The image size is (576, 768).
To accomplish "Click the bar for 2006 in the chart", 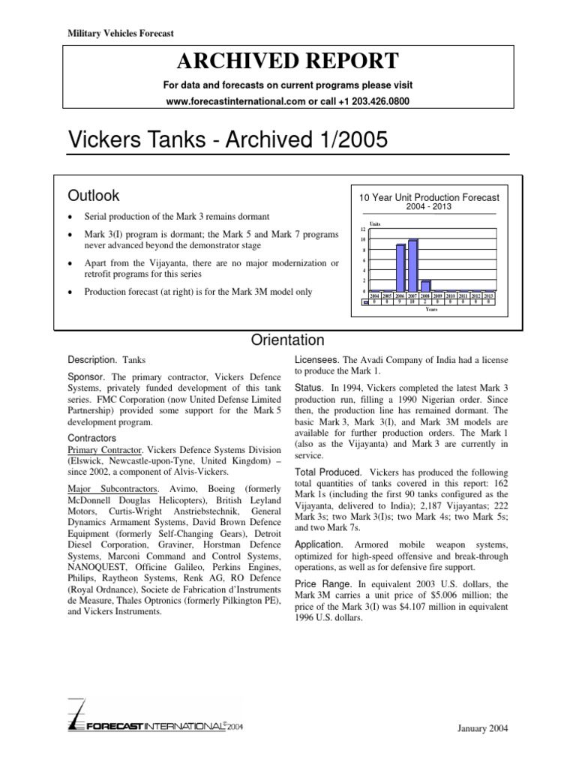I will point(400,267).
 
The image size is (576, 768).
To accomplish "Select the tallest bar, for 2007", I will point(413,265).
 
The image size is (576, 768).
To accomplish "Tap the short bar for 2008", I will point(426,286).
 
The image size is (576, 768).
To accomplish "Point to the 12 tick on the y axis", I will point(363,229).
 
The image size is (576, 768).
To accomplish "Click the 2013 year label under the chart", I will point(488,296).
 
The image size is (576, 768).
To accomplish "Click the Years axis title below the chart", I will point(431,309).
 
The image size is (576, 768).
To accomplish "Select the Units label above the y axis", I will point(375,223).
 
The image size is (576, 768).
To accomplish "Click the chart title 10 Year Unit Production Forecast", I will point(429,197).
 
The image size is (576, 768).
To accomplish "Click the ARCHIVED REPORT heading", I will point(288,61).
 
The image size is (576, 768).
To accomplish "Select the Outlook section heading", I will point(94,196).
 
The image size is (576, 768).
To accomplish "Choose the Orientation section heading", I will point(288,340).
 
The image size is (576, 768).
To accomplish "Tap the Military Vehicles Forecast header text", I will point(110,32).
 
